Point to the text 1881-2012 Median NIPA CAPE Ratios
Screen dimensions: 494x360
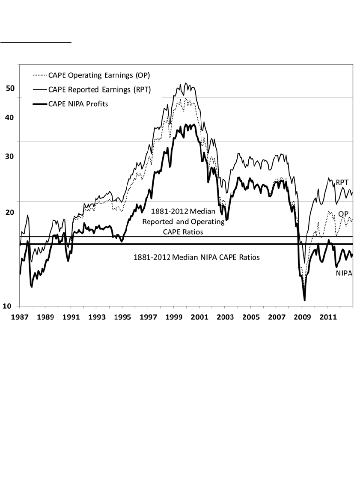pos(196,258)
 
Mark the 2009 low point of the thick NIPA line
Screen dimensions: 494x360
pos(304,300)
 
